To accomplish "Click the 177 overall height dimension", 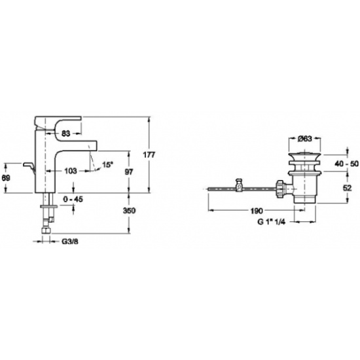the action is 149,155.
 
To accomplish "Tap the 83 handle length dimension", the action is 66,134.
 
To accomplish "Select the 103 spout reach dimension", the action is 71,171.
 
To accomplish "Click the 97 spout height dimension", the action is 128,171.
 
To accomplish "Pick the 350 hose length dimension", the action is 129,211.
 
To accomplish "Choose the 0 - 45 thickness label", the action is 73,199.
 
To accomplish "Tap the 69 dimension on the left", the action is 6,178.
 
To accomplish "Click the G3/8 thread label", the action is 70,242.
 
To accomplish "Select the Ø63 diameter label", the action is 304,139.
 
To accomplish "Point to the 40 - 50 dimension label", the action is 346,164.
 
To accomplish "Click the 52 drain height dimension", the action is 347,188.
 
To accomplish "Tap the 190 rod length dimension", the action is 256,211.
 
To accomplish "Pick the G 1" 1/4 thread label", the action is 271,222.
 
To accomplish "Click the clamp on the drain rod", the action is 239,185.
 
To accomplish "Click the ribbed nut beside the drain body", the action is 280,189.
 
